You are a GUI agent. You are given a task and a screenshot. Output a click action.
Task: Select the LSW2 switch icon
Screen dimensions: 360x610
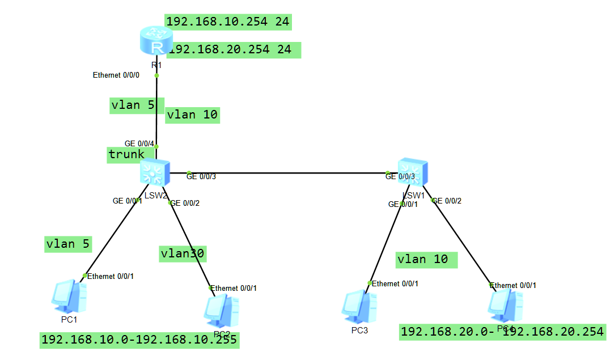click(x=155, y=171)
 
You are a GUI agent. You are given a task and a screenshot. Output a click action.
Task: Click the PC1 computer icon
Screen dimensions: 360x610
click(x=69, y=295)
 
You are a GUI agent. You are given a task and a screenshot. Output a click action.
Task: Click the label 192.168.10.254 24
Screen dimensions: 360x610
click(x=228, y=22)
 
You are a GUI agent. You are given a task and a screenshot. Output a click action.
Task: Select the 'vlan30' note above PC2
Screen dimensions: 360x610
click(x=182, y=253)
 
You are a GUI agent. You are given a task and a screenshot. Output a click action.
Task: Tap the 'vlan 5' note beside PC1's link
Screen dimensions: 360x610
click(x=68, y=244)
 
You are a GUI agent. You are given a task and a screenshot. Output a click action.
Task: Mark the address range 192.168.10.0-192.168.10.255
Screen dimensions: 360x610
click(x=139, y=340)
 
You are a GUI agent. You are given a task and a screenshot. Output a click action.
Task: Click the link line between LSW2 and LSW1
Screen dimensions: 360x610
click(x=283, y=173)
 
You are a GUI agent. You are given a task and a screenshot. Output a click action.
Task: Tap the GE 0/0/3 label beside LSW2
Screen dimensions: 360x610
click(x=201, y=177)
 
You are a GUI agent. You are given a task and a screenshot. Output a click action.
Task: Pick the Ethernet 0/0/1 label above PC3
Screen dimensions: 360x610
click(x=396, y=283)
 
